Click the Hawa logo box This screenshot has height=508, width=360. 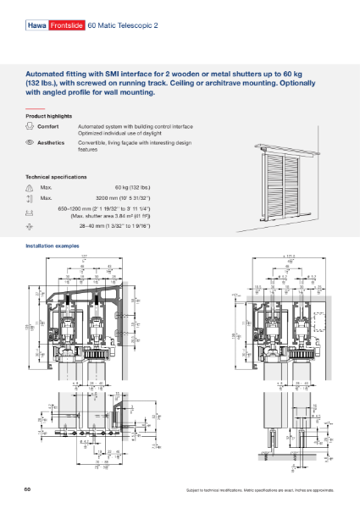(36, 25)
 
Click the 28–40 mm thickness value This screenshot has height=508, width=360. (127, 227)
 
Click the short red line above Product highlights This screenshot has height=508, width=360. (34, 108)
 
